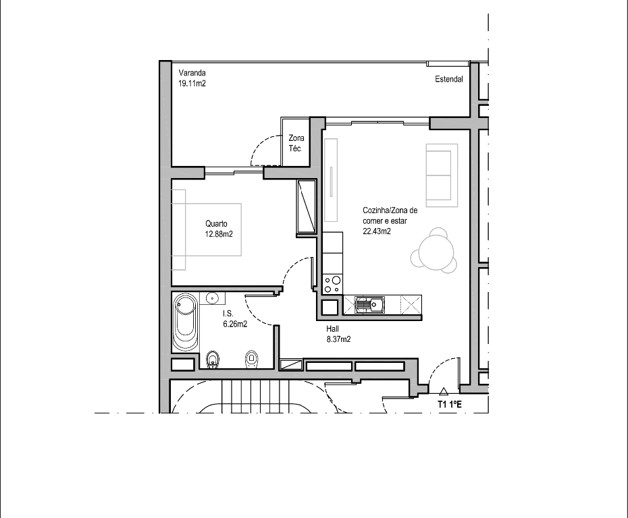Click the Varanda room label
pyautogui.click(x=192, y=73)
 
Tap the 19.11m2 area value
pyautogui.click(x=192, y=84)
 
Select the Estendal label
pyautogui.click(x=449, y=79)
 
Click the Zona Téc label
pyautogui.click(x=296, y=143)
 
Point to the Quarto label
pyautogui.click(x=216, y=224)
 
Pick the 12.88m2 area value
pyautogui.click(x=219, y=234)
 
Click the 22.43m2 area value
pyautogui.click(x=377, y=231)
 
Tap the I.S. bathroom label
pyautogui.click(x=228, y=314)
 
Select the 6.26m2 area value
pyautogui.click(x=235, y=324)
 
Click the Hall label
pyautogui.click(x=332, y=328)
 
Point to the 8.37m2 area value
pyautogui.click(x=338, y=339)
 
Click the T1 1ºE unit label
pyautogui.click(x=449, y=405)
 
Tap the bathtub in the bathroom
pyautogui.click(x=186, y=322)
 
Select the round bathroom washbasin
pyautogui.click(x=212, y=298)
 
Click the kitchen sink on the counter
pyautogui.click(x=369, y=305)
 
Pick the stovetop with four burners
pyautogui.click(x=332, y=285)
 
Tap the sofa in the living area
pyautogui.click(x=442, y=175)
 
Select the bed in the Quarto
pyautogui.click(x=207, y=229)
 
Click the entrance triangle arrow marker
pyautogui.click(x=443, y=392)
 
